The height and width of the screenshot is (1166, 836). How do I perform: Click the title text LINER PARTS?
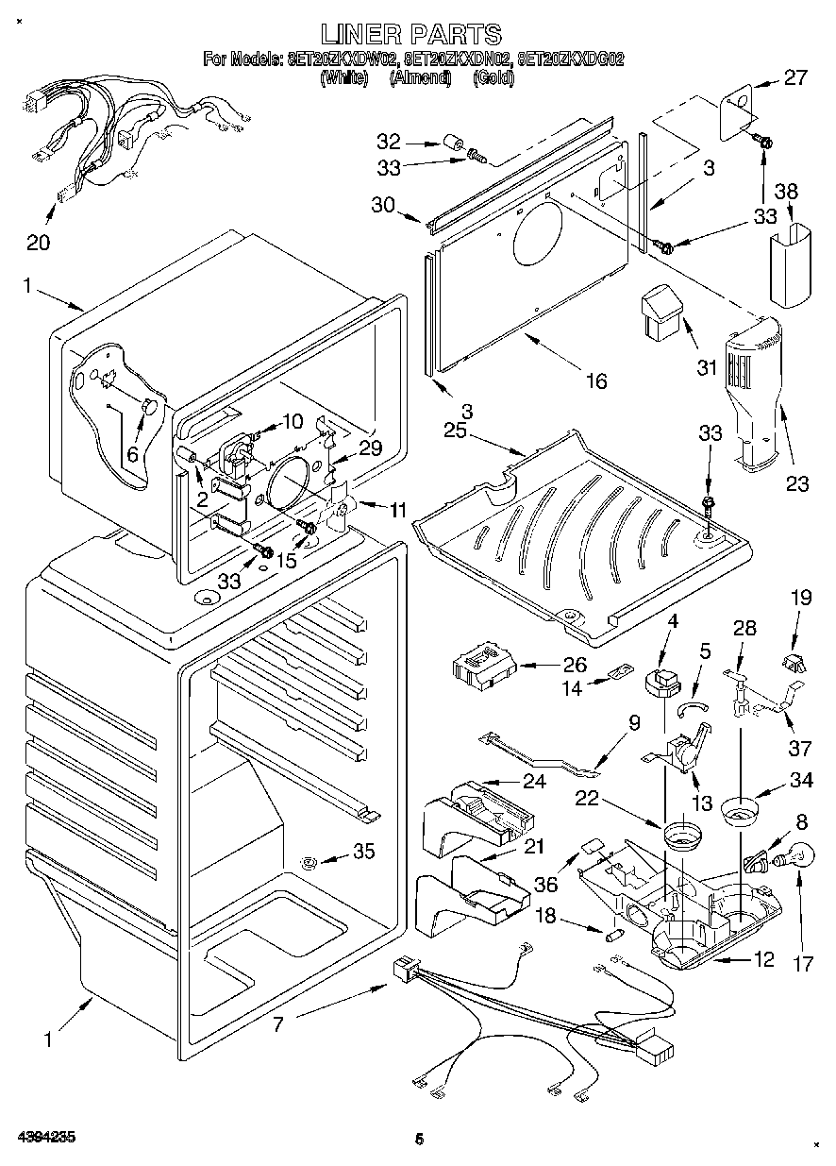(x=410, y=35)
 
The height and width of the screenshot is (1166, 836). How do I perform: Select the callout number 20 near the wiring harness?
(x=39, y=243)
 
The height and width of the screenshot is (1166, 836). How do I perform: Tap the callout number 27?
(x=796, y=77)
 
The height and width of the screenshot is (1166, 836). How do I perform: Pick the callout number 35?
(x=363, y=852)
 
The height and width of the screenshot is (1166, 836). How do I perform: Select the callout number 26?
(x=575, y=664)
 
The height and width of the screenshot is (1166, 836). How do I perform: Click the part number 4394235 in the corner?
(x=45, y=1136)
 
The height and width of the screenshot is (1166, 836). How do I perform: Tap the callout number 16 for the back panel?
(x=595, y=380)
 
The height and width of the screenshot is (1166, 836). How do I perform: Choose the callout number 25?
(x=456, y=431)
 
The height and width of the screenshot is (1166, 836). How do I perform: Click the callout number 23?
(x=797, y=484)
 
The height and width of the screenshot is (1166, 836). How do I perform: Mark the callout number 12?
(x=763, y=959)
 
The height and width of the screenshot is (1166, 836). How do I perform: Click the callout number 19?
(x=801, y=623)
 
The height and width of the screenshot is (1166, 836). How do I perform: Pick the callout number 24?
(x=534, y=781)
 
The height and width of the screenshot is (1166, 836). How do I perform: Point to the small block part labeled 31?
(x=660, y=313)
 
